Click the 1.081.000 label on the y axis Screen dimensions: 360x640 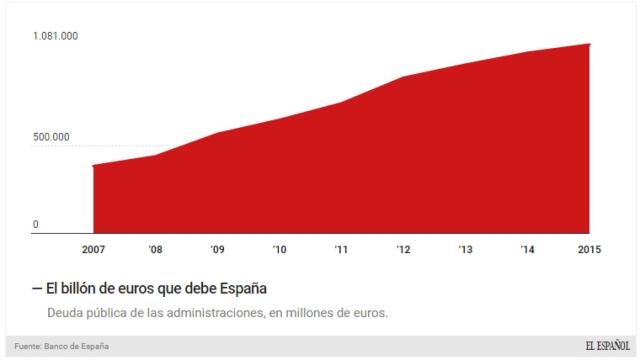pos(55,36)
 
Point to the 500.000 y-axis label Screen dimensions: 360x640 pos(51,137)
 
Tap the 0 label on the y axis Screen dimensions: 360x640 pos(36,225)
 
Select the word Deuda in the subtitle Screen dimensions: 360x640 pos(67,314)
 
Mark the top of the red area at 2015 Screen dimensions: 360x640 pos(589,44)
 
